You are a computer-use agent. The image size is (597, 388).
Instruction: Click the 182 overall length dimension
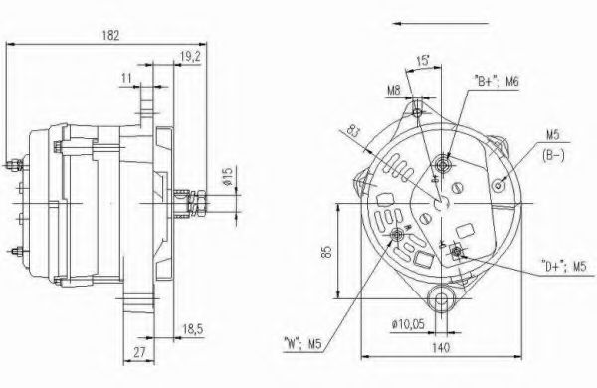click(x=110, y=35)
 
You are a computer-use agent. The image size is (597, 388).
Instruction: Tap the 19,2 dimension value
click(x=190, y=57)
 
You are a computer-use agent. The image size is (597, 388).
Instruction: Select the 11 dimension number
click(x=126, y=78)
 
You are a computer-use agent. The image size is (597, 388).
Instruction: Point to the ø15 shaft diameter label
click(x=228, y=177)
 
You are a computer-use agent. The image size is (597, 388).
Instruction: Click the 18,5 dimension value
click(x=192, y=329)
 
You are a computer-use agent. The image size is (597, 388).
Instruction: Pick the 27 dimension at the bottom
click(x=139, y=352)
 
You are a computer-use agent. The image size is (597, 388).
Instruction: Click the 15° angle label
click(x=423, y=60)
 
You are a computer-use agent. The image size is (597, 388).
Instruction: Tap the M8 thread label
click(x=394, y=91)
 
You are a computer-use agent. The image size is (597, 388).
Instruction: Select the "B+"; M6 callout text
click(x=497, y=82)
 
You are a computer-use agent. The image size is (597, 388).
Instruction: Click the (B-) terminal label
click(x=553, y=156)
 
